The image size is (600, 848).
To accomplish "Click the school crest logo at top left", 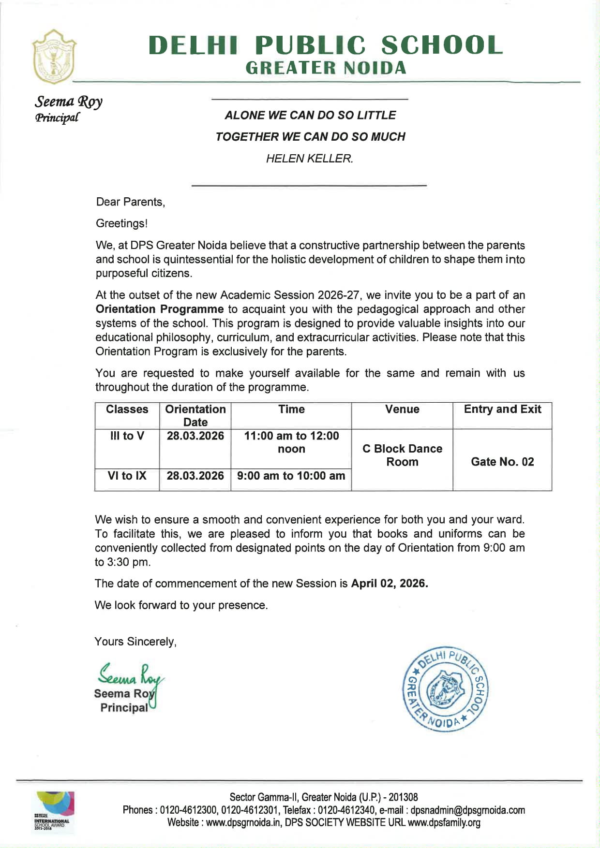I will tap(54, 57).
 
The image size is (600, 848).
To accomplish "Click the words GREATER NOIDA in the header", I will tap(326, 68).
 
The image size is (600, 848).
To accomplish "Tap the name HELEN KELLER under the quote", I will tap(309, 159).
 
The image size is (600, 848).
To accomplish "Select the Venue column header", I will tap(402, 409).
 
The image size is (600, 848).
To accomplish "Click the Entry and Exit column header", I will tap(502, 409).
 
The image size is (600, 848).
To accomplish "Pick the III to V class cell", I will tap(127, 436).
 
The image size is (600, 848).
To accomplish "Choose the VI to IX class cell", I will tap(127, 476).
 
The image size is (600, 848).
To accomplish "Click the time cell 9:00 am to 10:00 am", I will tap(291, 476).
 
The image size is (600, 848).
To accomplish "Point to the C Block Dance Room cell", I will tap(402, 455).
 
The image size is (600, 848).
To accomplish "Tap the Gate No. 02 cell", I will tap(502, 462).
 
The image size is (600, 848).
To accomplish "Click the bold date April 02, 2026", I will tap(390, 584).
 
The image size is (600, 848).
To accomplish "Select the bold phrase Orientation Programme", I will tap(159, 309).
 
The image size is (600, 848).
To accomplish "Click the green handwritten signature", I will tap(130, 675).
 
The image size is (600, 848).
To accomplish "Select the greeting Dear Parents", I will tap(130, 202).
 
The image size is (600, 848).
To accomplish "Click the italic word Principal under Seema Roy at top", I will tap(57, 118).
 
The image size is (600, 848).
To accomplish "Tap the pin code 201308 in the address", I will tap(403, 797).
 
